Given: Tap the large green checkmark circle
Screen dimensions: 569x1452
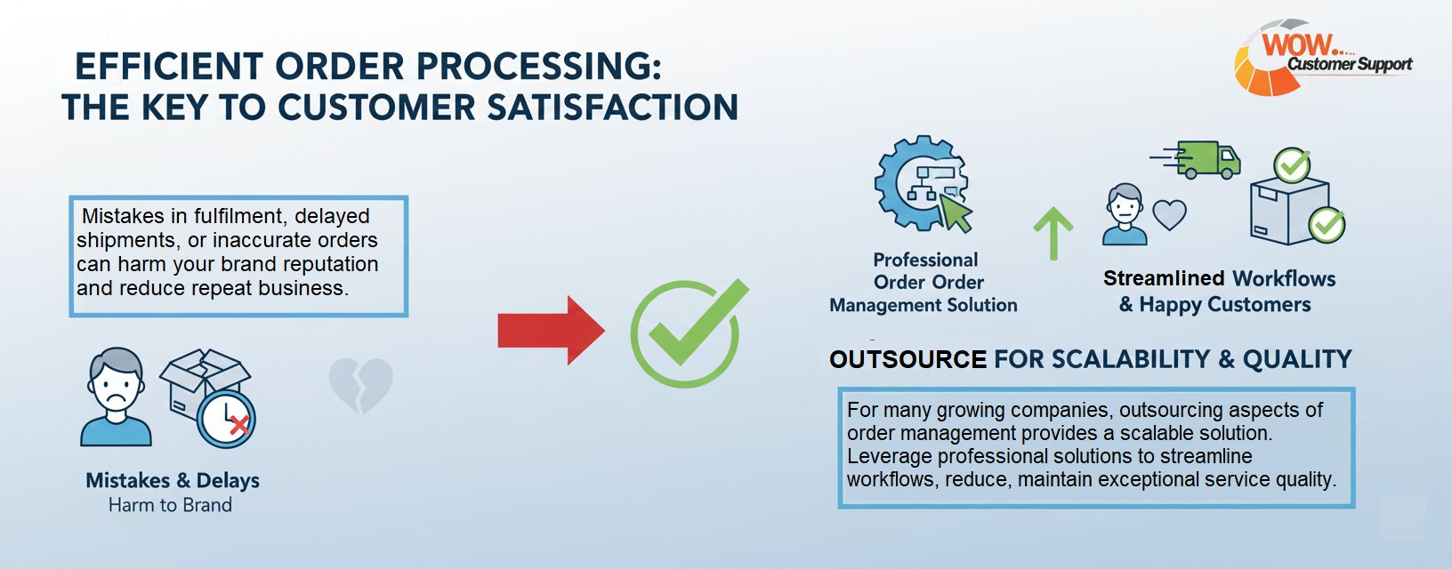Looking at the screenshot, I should (685, 334).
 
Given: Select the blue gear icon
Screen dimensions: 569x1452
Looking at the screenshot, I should (916, 182).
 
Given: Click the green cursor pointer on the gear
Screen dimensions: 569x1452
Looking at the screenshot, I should (956, 213).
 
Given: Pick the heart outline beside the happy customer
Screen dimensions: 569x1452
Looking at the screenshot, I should (1169, 214).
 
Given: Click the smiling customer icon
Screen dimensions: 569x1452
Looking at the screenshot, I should (1125, 214).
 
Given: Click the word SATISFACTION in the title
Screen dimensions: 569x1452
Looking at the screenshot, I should (613, 108).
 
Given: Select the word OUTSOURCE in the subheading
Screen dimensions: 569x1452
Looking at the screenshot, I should (907, 360).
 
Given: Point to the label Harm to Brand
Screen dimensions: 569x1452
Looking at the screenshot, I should (170, 505).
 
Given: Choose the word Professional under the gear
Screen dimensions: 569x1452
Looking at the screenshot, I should (925, 260).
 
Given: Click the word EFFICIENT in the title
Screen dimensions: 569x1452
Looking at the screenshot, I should (169, 67).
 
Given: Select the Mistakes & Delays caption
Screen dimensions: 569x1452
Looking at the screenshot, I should (173, 480).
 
